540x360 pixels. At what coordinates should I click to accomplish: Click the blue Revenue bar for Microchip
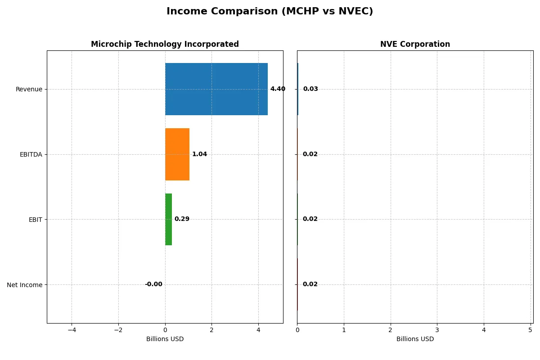point(216,89)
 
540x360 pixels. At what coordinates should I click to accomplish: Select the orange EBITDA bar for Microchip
point(177,154)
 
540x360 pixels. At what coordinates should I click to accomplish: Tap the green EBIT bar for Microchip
point(168,219)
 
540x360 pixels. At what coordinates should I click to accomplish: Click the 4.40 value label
point(278,89)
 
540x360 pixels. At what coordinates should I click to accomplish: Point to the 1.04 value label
point(199,154)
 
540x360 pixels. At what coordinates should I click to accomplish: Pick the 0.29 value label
point(182,219)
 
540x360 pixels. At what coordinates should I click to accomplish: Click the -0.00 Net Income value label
point(153,284)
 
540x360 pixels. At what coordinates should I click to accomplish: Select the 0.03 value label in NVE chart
point(310,89)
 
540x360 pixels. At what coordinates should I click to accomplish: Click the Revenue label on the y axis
point(29,89)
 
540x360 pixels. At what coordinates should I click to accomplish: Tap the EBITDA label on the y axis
point(31,154)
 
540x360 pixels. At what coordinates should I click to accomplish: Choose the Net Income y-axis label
point(25,284)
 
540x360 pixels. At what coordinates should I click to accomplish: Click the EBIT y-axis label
point(35,219)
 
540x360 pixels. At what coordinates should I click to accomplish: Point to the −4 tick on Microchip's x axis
point(72,330)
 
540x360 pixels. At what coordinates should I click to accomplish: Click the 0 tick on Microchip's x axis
point(165,330)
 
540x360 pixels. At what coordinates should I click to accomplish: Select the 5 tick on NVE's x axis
point(531,330)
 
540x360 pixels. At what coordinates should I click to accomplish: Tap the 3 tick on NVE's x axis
point(437,330)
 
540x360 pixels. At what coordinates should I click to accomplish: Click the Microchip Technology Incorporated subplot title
point(165,44)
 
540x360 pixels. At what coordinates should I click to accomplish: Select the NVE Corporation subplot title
point(415,44)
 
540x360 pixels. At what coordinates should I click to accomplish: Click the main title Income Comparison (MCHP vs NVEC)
point(270,11)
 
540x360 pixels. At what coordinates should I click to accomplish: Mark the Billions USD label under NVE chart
point(415,339)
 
